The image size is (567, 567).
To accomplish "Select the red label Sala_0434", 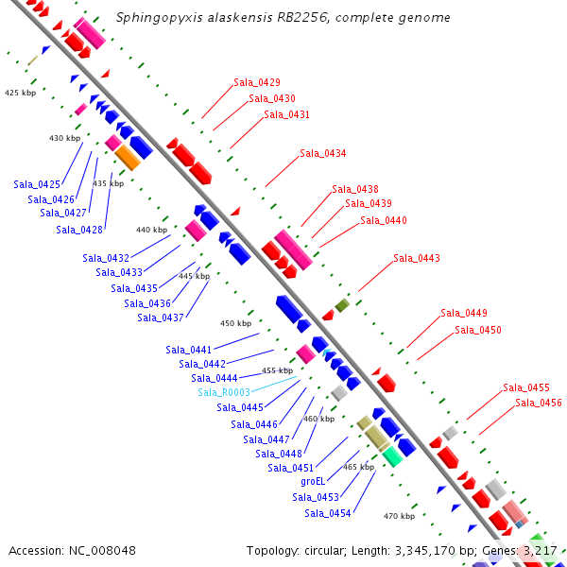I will tap(322, 153).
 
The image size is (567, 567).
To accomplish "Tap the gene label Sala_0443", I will tap(417, 258).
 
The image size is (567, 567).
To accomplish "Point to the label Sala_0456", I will tap(539, 403).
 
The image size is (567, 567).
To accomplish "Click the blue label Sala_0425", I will tap(37, 184).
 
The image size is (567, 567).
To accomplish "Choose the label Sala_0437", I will tap(161, 318).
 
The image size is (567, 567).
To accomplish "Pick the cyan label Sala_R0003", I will tap(224, 392).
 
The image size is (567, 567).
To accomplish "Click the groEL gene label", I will tap(313, 481).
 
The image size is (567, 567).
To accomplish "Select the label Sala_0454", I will tap(328, 513).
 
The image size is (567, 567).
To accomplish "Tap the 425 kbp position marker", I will tap(20, 93).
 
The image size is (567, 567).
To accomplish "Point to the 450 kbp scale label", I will tap(235, 323).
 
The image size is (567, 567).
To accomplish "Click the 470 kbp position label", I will tap(399, 516).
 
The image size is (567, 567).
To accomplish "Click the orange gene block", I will tap(128, 158).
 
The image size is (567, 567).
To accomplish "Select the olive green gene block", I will tap(342, 305).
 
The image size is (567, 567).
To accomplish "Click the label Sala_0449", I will tap(464, 314).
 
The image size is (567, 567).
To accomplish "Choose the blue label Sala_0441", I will tap(189, 350).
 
